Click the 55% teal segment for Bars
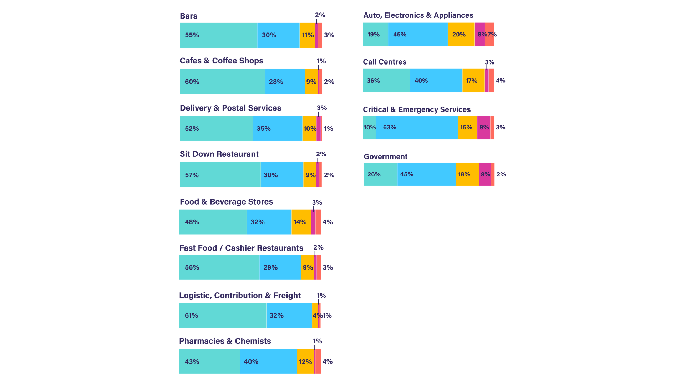coord(218,35)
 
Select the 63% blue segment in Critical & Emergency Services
coord(417,128)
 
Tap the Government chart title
coord(385,157)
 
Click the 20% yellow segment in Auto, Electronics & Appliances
coord(461,35)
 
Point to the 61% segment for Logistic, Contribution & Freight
coord(223,315)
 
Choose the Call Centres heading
coord(385,62)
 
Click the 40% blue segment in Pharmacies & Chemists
coord(268,361)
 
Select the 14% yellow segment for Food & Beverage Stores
coord(301,222)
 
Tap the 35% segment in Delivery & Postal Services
coord(278,128)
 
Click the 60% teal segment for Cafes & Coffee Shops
coord(222,82)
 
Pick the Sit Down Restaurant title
coord(219,154)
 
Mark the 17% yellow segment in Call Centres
coord(473,81)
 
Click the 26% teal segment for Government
coord(380,174)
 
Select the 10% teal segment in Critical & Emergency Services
coord(369,128)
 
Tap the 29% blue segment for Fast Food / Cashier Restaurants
coord(280,267)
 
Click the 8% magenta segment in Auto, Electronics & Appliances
coord(479,35)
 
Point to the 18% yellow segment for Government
coord(467,174)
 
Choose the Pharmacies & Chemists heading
coord(225,341)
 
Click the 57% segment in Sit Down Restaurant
coord(220,175)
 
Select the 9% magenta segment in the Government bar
coord(485,174)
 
